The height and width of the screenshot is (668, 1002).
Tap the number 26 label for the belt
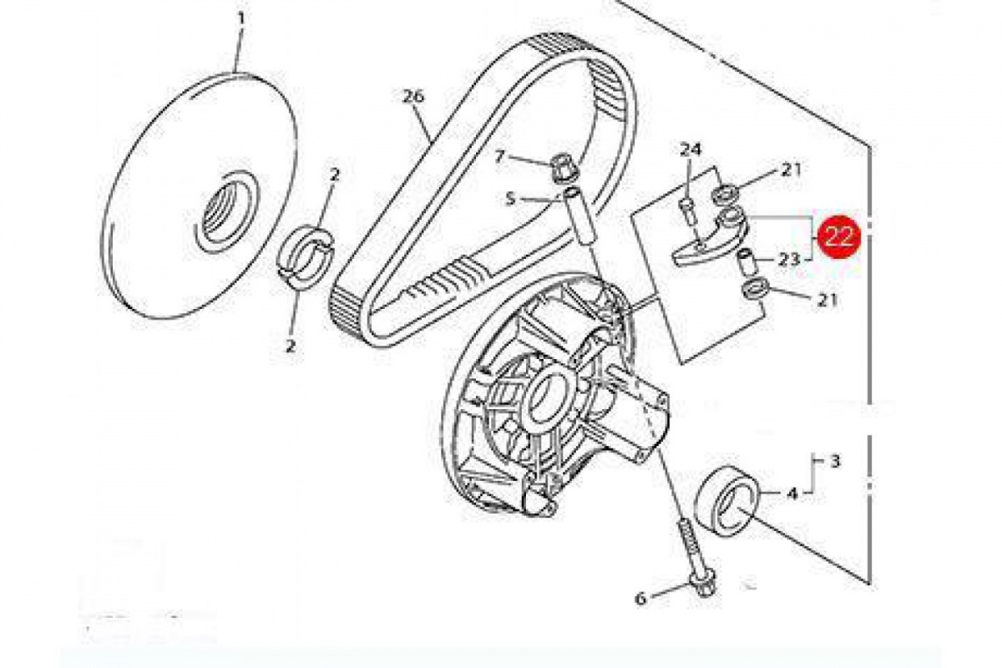(x=413, y=97)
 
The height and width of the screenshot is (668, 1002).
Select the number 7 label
(x=500, y=156)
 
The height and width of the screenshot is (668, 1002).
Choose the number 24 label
(x=689, y=150)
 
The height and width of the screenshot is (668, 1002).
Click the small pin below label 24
(x=687, y=208)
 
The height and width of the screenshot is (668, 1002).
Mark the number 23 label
(x=789, y=260)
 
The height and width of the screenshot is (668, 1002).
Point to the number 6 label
(x=640, y=598)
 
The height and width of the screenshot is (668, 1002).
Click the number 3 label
(x=834, y=460)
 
